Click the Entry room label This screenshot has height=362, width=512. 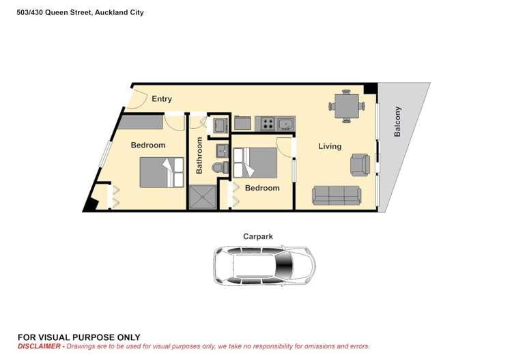[x=162, y=99]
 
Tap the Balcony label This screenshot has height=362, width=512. [x=398, y=122]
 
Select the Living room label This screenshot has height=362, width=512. [x=330, y=146]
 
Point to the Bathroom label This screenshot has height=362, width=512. [x=200, y=156]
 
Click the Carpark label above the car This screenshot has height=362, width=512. [x=258, y=236]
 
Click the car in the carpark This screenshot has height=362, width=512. [x=264, y=266]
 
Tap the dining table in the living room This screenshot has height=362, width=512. [x=346, y=106]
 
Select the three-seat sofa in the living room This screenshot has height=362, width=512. [x=337, y=195]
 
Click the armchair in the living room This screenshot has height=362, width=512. [x=360, y=164]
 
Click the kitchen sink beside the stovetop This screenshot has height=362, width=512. [x=285, y=124]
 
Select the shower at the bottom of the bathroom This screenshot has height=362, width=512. [x=202, y=196]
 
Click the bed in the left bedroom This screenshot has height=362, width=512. [x=162, y=172]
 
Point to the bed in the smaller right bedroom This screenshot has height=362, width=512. [x=254, y=163]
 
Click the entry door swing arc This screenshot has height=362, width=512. [x=136, y=100]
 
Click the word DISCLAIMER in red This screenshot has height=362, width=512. [x=40, y=346]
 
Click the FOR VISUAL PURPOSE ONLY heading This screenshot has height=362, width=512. [x=79, y=337]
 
